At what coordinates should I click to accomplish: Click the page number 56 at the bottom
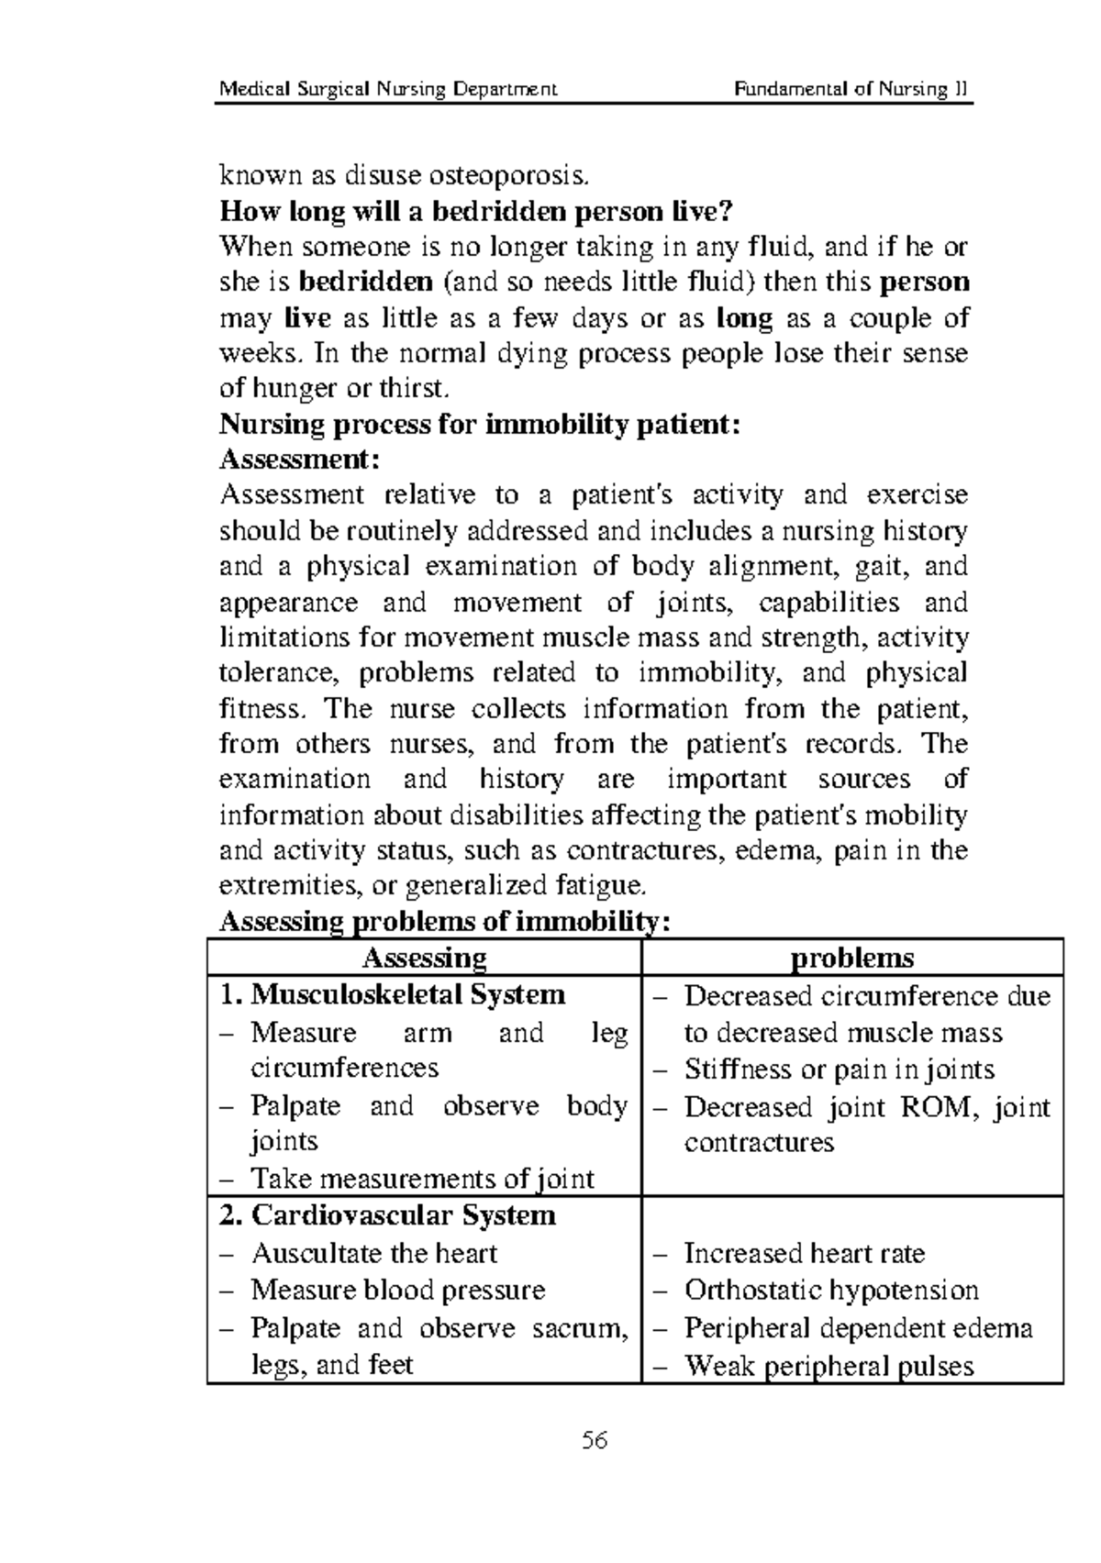[x=595, y=1441]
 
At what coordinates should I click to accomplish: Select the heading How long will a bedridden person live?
[x=477, y=213]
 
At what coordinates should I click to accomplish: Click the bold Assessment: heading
[x=300, y=459]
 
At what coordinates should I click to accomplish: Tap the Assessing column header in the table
[x=424, y=959]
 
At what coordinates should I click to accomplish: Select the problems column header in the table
[x=852, y=959]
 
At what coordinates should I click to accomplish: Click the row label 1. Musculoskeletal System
[x=393, y=995]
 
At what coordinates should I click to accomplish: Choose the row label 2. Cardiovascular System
[x=388, y=1216]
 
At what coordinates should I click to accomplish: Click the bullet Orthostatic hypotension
[x=831, y=1291]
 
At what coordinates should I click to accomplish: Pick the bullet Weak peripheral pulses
[x=829, y=1368]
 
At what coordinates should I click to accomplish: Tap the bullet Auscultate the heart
[x=374, y=1254]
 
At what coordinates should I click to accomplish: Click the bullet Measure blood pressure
[x=398, y=1291]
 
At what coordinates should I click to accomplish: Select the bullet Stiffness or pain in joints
[x=839, y=1070]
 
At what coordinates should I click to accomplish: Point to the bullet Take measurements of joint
[x=422, y=1180]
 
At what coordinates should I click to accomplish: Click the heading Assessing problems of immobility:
[x=445, y=923]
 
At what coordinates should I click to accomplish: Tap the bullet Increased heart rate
[x=805, y=1254]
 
